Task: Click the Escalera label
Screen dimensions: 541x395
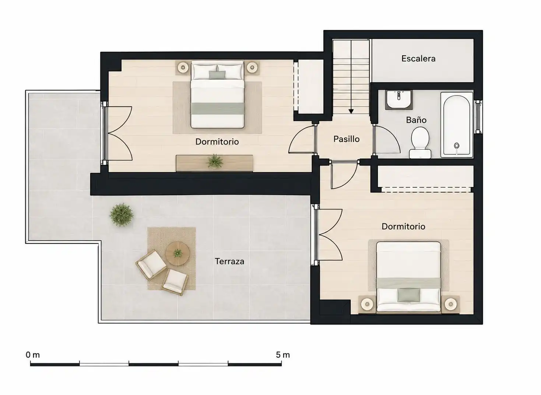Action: tap(418, 59)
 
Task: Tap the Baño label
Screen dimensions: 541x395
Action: tap(416, 120)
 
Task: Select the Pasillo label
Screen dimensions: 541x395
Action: tap(346, 139)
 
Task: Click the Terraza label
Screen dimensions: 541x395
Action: tap(229, 261)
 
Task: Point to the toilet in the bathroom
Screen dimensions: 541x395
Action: tap(420, 143)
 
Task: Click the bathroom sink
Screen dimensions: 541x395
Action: tap(398, 100)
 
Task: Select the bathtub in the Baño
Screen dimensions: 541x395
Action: tap(456, 125)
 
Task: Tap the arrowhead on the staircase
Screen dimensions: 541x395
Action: tap(351, 111)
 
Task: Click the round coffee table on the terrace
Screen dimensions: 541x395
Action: tap(178, 253)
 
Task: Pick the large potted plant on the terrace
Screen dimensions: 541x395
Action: tap(121, 215)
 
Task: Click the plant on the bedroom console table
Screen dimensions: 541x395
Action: tap(214, 162)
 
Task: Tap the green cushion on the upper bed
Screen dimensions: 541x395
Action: tap(217, 75)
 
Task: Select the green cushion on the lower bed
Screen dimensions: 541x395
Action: tap(409, 295)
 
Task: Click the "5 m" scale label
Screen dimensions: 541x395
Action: tap(283, 355)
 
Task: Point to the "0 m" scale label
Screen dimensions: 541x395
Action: tap(33, 355)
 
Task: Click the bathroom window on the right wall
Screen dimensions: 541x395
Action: tap(478, 117)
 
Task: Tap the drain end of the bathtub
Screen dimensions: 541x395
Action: tap(456, 146)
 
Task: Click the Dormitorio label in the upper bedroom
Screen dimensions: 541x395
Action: tap(217, 142)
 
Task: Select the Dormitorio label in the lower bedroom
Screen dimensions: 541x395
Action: tap(403, 226)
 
